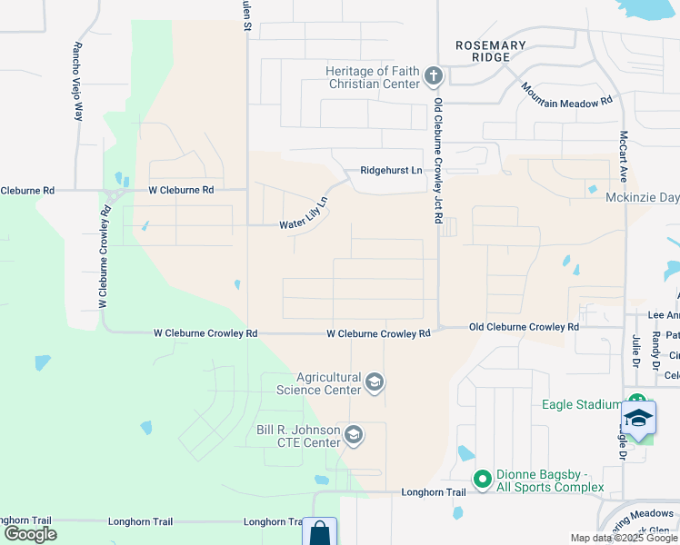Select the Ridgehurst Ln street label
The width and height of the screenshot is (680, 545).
(x=391, y=170)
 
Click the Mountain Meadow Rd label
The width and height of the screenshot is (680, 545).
(x=566, y=95)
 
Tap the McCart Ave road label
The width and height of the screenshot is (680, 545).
(x=625, y=155)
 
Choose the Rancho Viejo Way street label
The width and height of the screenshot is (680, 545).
(x=78, y=82)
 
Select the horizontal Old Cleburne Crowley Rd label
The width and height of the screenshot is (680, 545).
(x=524, y=327)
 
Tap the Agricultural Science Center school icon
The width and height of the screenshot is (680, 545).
(x=374, y=383)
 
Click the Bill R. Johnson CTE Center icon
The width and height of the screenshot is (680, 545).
(x=354, y=437)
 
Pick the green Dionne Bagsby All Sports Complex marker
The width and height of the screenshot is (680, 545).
(x=482, y=478)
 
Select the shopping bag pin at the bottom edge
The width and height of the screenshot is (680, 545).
(x=319, y=532)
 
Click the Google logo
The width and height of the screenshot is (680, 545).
(x=30, y=534)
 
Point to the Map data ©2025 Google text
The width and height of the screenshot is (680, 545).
(x=624, y=538)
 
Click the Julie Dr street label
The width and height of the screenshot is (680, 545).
(x=635, y=350)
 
